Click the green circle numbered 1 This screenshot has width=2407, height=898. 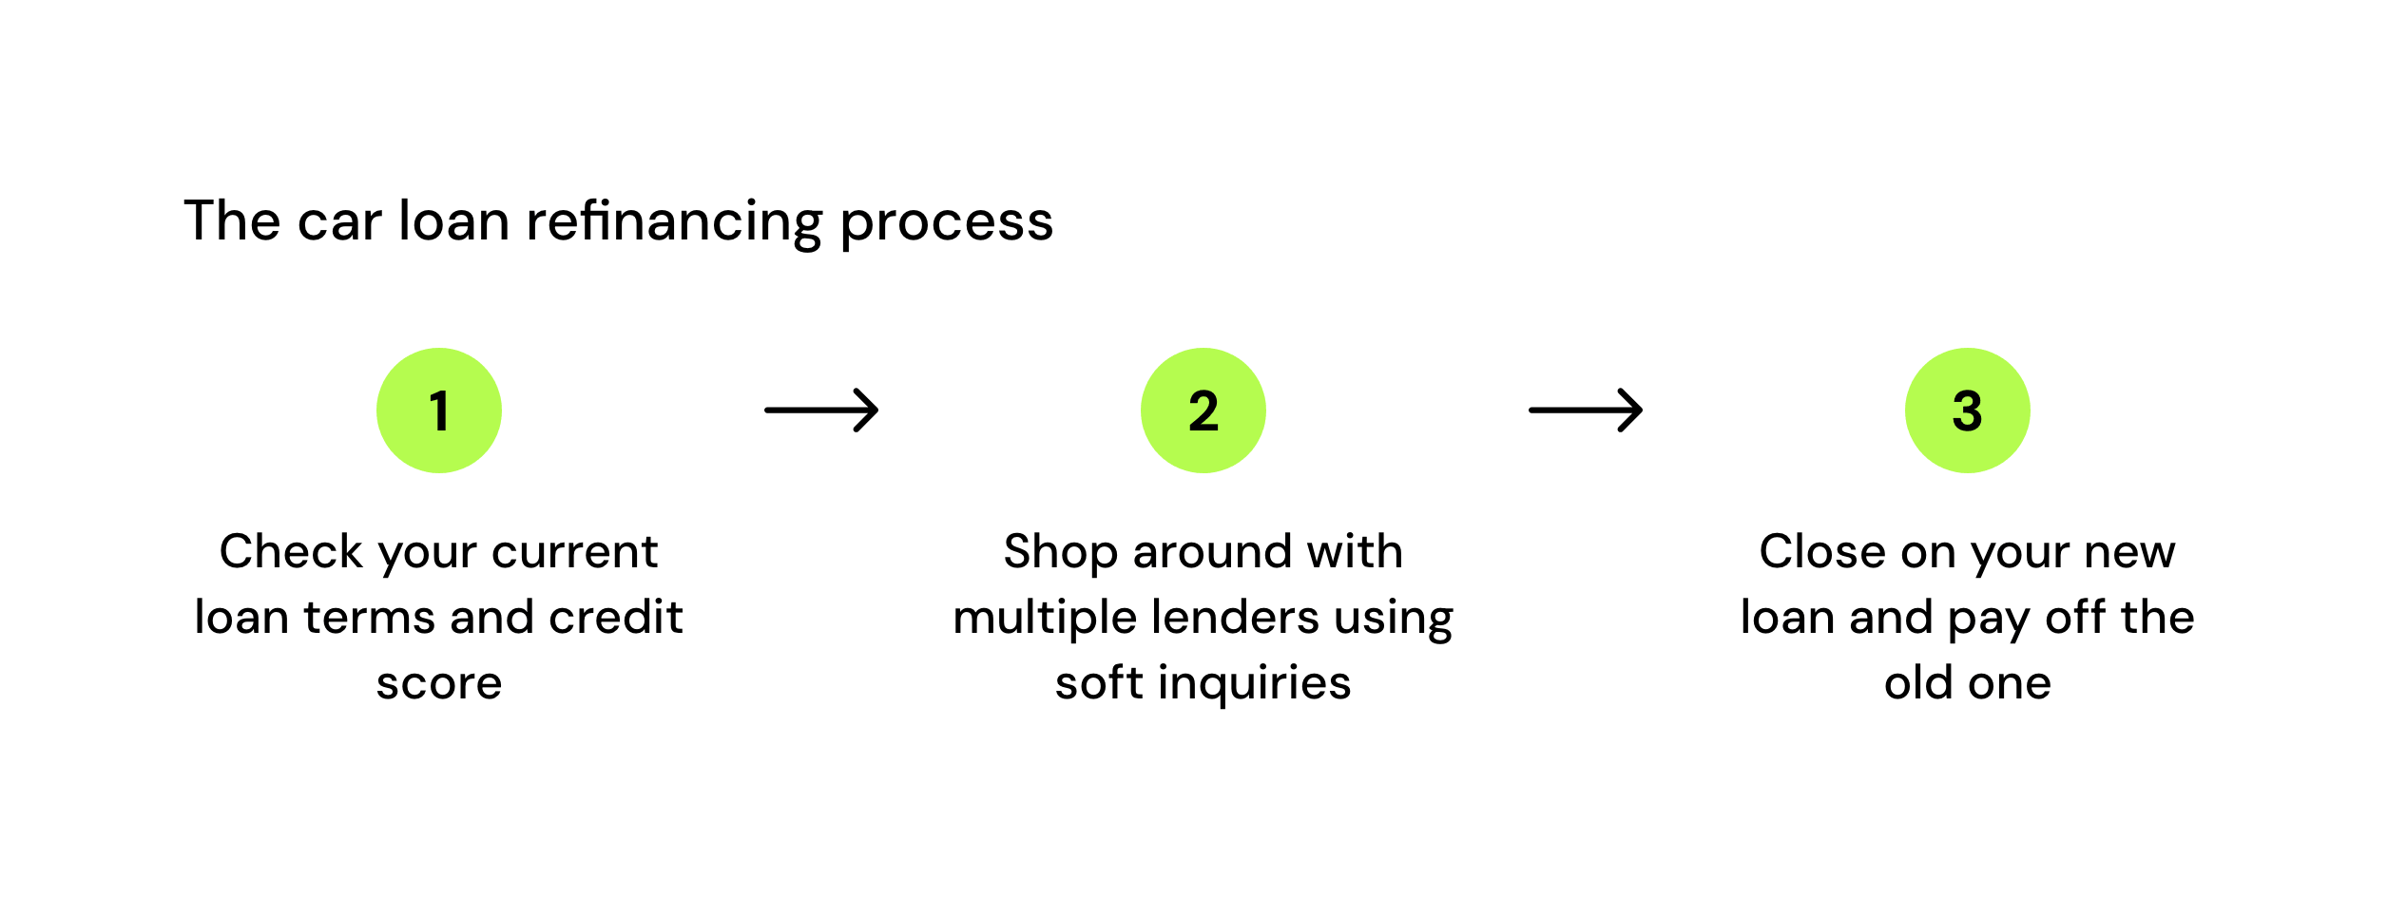[439, 411]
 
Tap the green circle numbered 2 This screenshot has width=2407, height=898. [1203, 411]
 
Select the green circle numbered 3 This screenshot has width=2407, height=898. [1968, 411]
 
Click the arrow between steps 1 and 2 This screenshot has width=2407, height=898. [821, 411]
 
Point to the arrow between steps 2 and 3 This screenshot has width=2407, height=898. [1586, 411]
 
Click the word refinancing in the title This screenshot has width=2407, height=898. [674, 222]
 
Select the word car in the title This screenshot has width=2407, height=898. [338, 224]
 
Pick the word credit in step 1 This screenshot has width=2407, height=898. [616, 617]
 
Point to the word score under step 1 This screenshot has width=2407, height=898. [439, 684]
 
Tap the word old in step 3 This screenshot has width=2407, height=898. [1918, 682]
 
